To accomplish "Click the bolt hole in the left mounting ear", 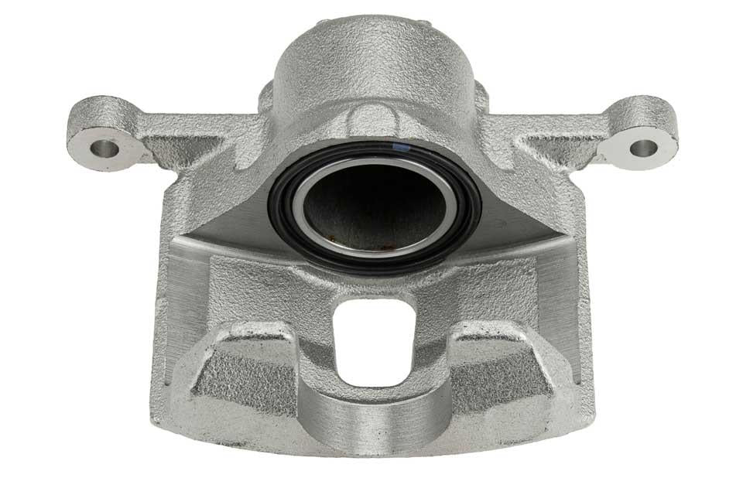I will [x=106, y=147].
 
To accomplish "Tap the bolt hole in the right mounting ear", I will [x=642, y=145].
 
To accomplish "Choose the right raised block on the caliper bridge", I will [x=503, y=364].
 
